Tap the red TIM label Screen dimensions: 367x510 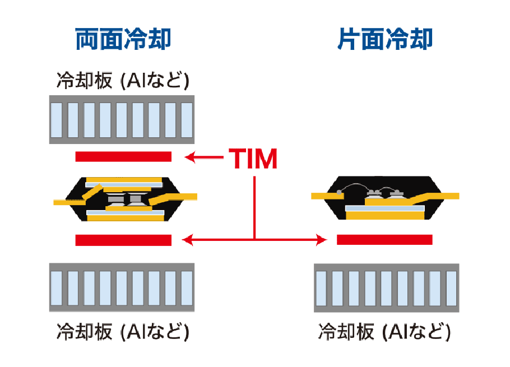point(253,159)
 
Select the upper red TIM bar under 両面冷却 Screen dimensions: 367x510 point(123,156)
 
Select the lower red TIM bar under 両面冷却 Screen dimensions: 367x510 point(123,240)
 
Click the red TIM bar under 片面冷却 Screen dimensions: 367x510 point(384,240)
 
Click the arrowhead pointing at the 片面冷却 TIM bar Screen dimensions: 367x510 point(322,240)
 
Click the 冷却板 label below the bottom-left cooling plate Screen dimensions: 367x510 point(123,331)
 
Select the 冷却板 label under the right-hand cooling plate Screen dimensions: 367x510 point(384,331)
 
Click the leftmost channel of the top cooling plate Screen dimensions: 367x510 point(57,120)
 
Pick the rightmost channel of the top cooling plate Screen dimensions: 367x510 point(187,120)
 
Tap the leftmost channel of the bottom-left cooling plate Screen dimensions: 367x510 point(57,287)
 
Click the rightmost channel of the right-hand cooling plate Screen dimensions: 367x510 point(451,287)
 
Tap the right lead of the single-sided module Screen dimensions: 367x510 point(446,196)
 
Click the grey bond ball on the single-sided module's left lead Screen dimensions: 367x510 point(340,192)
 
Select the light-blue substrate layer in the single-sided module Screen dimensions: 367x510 point(384,208)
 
